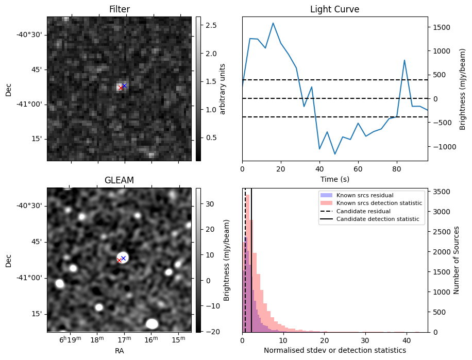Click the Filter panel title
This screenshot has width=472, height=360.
119,9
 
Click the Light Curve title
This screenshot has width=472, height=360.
334,9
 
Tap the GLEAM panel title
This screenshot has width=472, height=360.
119,180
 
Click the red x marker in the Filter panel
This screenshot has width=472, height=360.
121,88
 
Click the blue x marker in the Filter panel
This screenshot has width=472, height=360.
124,85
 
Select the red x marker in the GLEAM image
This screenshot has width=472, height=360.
119,261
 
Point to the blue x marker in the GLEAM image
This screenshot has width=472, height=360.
123,258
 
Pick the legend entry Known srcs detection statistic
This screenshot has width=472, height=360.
379,203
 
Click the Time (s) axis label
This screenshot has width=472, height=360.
334,178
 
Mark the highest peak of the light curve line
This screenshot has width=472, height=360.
273,23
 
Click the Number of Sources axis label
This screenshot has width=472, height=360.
457,260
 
